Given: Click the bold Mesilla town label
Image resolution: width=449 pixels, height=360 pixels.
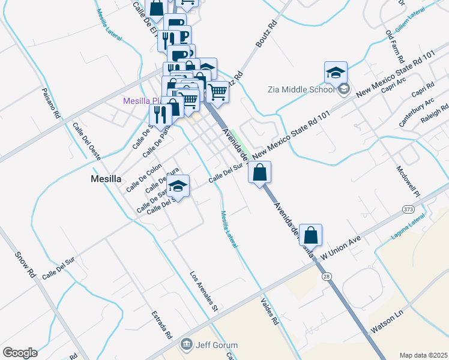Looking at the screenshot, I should tap(106, 178).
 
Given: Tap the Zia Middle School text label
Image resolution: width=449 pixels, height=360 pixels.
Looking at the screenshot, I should tap(300, 90).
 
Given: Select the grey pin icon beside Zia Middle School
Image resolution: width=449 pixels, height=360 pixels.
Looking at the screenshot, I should tap(343, 90).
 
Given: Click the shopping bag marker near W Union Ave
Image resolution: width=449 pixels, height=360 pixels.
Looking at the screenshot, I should tap(310, 235).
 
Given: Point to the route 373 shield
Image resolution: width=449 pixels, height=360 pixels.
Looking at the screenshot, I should tap(408, 208).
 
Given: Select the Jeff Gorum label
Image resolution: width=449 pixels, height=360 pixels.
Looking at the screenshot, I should tap(217, 345).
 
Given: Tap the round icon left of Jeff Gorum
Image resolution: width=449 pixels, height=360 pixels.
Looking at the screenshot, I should tap(186, 345).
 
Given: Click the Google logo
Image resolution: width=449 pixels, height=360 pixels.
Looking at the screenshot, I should tap(20, 353).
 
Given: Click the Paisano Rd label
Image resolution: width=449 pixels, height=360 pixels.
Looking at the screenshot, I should tap(52, 102).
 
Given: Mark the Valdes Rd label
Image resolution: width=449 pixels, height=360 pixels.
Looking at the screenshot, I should tap(271, 311).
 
